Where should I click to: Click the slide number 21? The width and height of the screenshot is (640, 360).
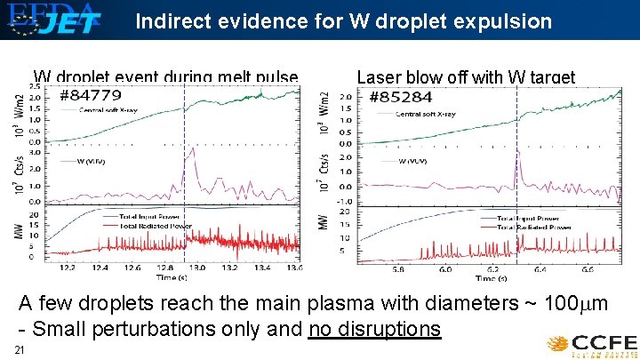pos(20,350)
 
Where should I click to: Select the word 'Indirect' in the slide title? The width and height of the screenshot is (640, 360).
pos(167,22)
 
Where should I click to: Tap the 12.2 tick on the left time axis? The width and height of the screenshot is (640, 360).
pos(66,267)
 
